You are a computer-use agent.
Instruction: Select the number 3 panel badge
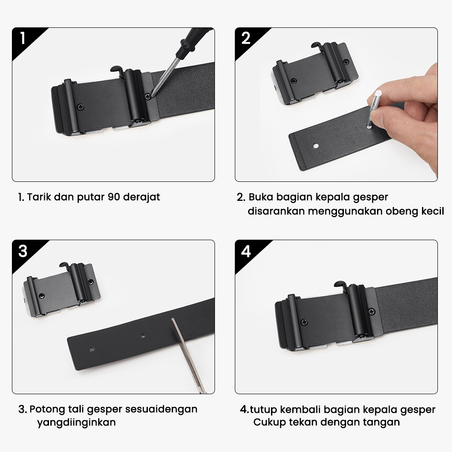point(23,251)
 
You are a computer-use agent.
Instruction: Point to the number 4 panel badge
point(245,251)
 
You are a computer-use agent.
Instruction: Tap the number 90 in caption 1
point(113,197)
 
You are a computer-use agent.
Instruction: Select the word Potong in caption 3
point(47,410)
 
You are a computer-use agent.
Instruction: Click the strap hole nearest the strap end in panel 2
point(316,146)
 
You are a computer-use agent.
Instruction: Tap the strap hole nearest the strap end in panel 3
point(92,349)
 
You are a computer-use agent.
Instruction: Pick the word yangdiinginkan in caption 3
point(76,423)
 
